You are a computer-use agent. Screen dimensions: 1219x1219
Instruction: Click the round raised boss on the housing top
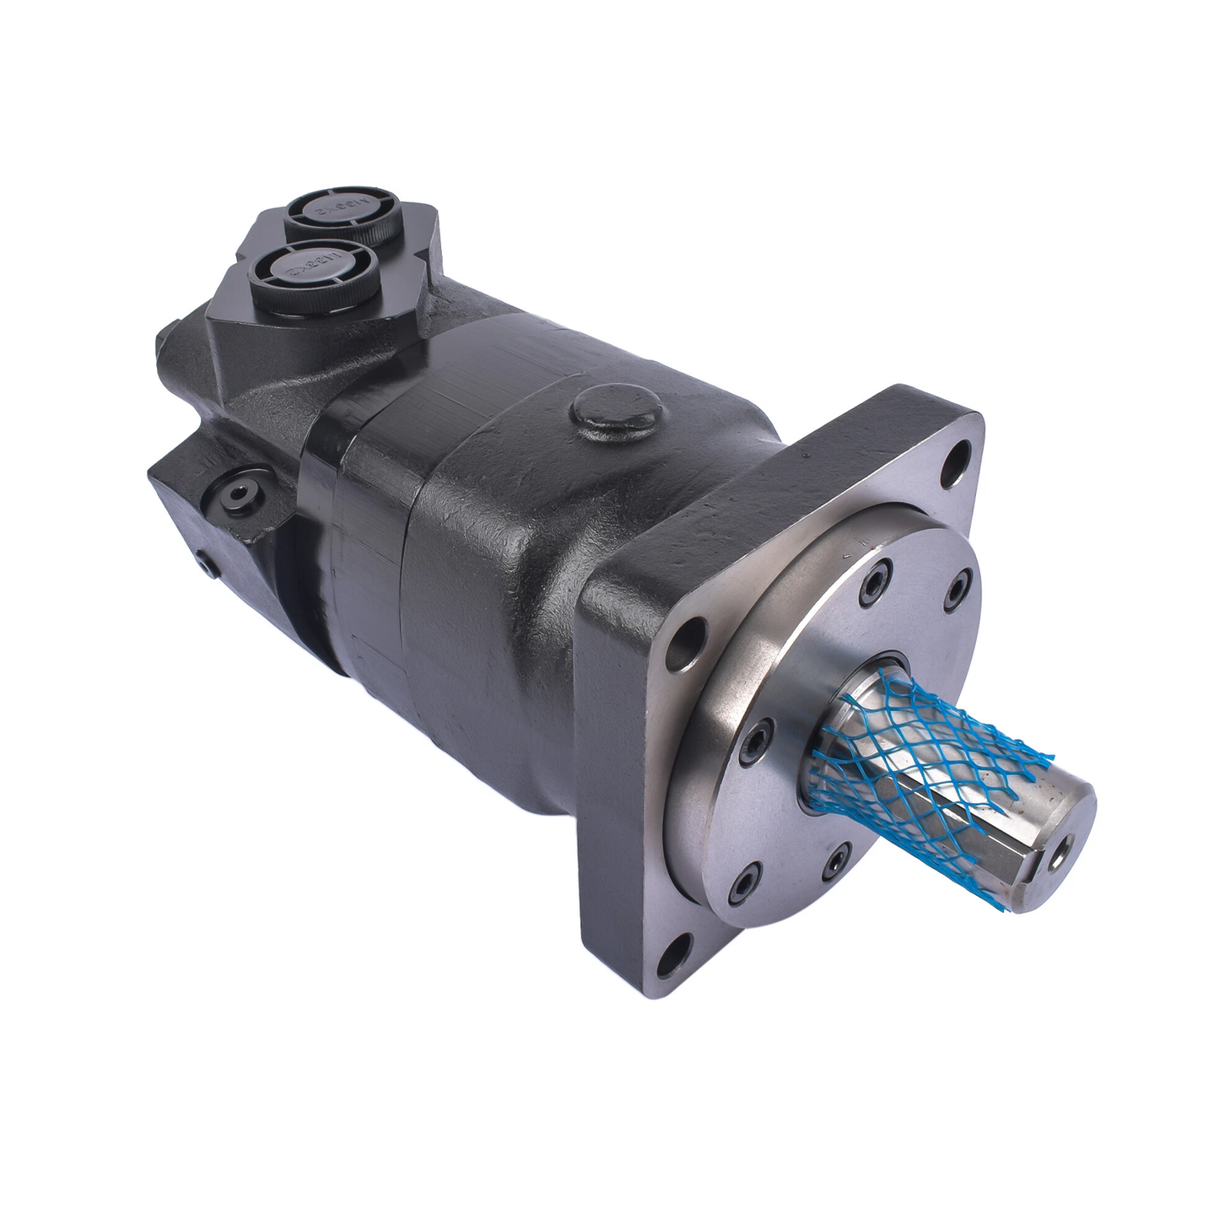click(x=615, y=411)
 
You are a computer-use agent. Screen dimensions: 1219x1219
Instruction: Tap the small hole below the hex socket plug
click(x=205, y=564)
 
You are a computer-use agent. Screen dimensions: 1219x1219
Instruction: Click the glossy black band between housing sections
click(x=325, y=540)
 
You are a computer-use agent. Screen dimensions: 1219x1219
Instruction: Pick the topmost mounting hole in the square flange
click(x=956, y=461)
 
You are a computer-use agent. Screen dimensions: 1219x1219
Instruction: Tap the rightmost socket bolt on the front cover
click(x=958, y=591)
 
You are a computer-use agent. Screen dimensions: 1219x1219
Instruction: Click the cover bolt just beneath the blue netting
click(x=833, y=862)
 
